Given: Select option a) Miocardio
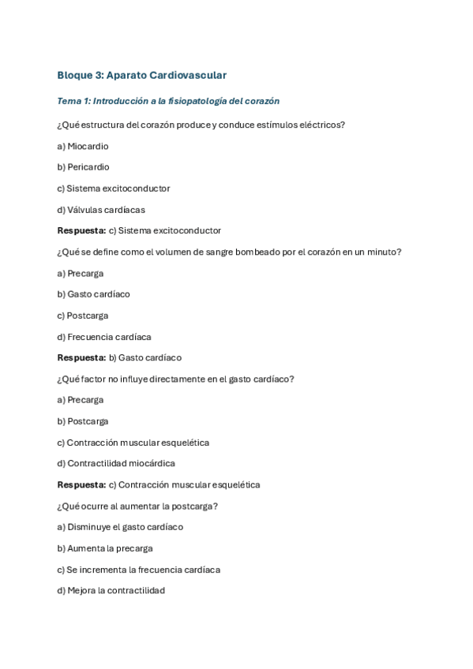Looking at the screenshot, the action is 83,146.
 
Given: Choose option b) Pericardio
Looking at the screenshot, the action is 83,167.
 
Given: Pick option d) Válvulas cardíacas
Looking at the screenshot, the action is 101,210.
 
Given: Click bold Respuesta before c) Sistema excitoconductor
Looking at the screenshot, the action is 81,231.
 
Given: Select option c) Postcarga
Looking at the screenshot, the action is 83,316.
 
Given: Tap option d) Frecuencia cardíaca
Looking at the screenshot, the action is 104,337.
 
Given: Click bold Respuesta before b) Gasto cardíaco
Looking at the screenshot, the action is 81,358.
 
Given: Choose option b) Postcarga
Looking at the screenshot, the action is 83,421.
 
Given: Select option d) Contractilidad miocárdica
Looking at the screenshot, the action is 116,464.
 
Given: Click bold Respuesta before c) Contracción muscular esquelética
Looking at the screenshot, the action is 81,485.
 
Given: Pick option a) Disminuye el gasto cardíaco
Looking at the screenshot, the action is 120,527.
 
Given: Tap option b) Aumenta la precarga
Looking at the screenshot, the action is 105,548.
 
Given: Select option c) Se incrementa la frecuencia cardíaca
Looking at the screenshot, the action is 138,570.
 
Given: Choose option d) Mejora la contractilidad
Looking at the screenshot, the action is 111,591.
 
